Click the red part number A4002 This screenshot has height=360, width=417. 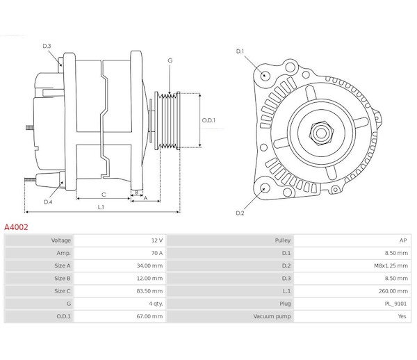pyautogui.click(x=16, y=227)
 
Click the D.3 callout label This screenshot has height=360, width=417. pyautogui.click(x=47, y=46)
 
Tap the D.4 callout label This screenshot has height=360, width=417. pyautogui.click(x=48, y=202)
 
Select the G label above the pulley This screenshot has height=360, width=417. pyautogui.click(x=170, y=60)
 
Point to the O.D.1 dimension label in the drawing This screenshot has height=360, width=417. pyautogui.click(x=208, y=120)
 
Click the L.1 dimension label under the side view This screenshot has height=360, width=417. pyautogui.click(x=101, y=207)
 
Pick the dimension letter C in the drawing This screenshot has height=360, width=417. pyautogui.click(x=104, y=195)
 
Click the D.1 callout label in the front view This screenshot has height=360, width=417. pyautogui.click(x=240, y=51)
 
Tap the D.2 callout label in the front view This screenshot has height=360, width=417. pyautogui.click(x=240, y=213)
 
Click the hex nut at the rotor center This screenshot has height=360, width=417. pyautogui.click(x=321, y=133)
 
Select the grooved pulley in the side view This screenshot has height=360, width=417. pyautogui.click(x=167, y=120)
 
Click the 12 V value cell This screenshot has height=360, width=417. pyautogui.click(x=120, y=240)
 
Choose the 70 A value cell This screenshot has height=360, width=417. pyautogui.click(x=120, y=253)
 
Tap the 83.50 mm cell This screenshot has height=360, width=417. pyautogui.click(x=120, y=291)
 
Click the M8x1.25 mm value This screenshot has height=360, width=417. pyautogui.click(x=391, y=265)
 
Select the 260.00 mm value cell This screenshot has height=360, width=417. pyautogui.click(x=352, y=291)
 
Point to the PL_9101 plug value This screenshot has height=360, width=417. pyautogui.click(x=395, y=304)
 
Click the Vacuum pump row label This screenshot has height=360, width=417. pyautogui.click(x=272, y=316)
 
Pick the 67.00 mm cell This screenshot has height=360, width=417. pyautogui.click(x=120, y=316)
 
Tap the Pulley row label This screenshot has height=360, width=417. pyautogui.click(x=283, y=240)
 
